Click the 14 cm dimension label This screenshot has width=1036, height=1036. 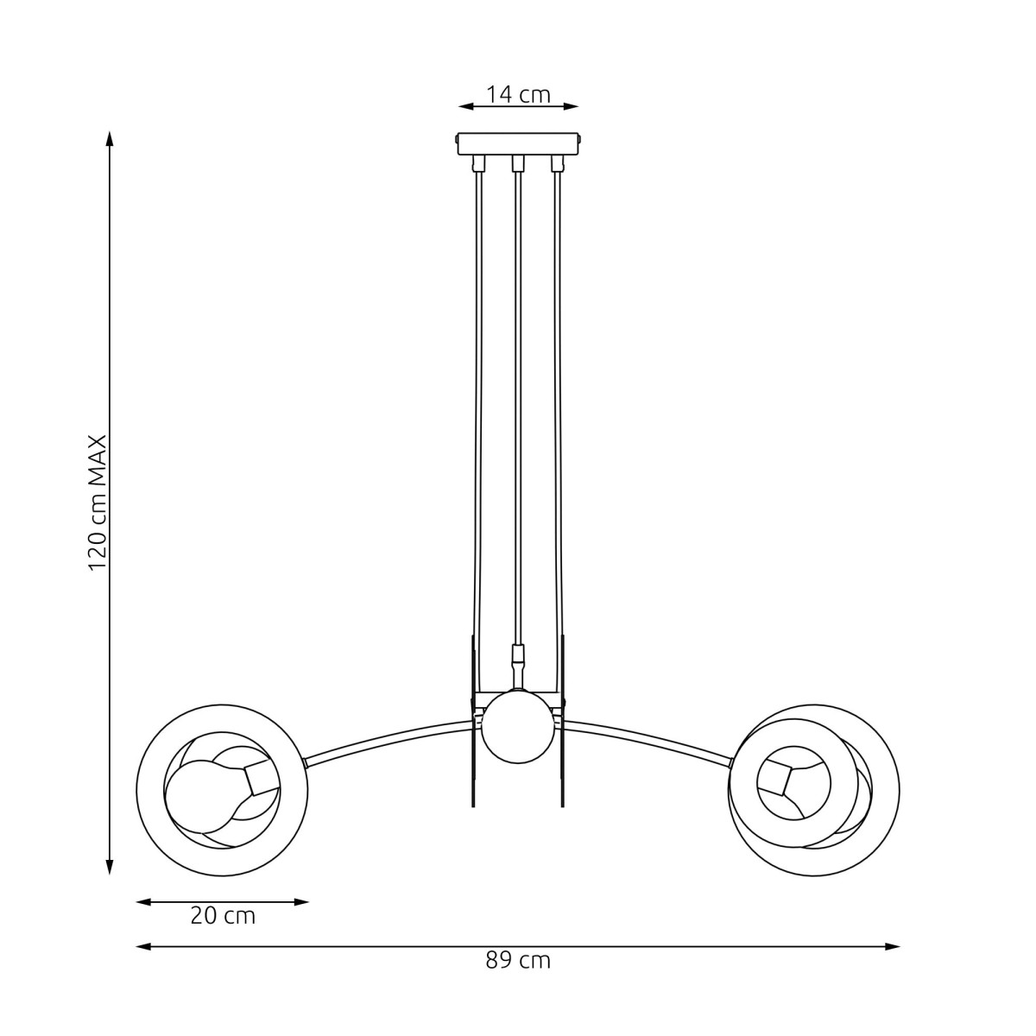(x=518, y=94)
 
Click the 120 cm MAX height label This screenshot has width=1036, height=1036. (x=98, y=502)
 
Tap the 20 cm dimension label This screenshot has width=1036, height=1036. (x=223, y=916)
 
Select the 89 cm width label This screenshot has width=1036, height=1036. (x=518, y=960)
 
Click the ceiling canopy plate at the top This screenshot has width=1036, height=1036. (x=518, y=142)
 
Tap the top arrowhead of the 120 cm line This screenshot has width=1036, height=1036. (x=109, y=138)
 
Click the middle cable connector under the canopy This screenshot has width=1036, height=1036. (x=518, y=163)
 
